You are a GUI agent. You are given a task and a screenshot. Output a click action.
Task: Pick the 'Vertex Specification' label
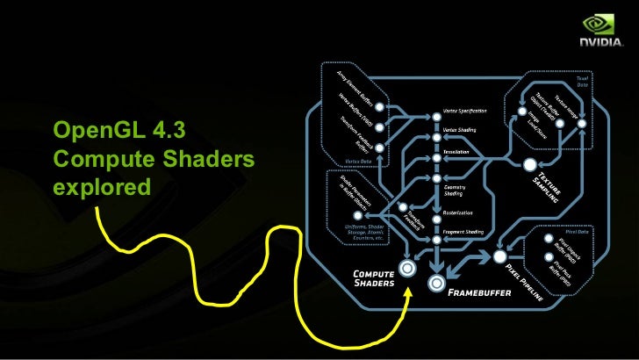point(466,116)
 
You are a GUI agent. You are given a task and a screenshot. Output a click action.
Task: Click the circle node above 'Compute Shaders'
point(406,267)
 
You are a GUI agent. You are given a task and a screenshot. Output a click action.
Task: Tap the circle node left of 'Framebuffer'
point(436,283)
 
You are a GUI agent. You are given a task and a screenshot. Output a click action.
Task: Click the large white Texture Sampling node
point(529,165)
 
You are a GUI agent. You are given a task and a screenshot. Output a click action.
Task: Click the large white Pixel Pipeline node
point(500,257)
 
